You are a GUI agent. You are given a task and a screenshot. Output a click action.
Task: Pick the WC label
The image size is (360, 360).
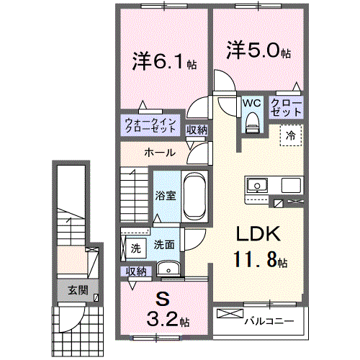pyautogui.click(x=251, y=103)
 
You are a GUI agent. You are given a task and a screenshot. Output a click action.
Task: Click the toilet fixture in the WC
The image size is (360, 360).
pyautogui.click(x=251, y=124)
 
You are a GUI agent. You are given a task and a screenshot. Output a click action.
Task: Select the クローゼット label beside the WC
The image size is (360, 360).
pyautogui.click(x=286, y=108)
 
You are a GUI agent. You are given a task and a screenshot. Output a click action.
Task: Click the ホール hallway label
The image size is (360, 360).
pyautogui.click(x=158, y=153)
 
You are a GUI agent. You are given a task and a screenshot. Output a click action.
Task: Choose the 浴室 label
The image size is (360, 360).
pyautogui.click(x=166, y=195)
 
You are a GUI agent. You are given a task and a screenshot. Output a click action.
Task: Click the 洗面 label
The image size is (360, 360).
pyautogui.click(x=163, y=245)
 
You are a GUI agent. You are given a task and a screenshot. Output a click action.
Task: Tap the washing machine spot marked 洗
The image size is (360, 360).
pyautogui.click(x=135, y=248)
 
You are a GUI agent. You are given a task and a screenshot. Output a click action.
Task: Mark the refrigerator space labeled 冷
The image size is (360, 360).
pyautogui.click(x=292, y=134)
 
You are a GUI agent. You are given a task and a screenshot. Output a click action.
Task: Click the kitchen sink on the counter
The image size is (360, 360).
pyautogui.click(x=257, y=186)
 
